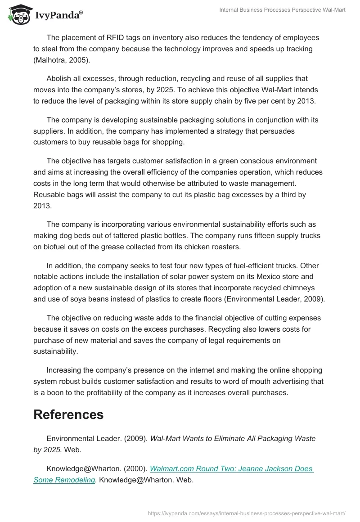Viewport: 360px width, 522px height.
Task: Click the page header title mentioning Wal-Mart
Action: pyautogui.click(x=282, y=10)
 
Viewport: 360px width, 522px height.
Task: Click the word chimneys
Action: pyautogui.click(x=302, y=288)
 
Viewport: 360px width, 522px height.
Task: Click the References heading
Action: pyautogui.click(x=68, y=414)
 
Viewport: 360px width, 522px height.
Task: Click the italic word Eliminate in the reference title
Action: pyautogui.click(x=225, y=438)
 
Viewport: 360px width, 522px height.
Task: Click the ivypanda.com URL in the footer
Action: pyautogui.click(x=246, y=513)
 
